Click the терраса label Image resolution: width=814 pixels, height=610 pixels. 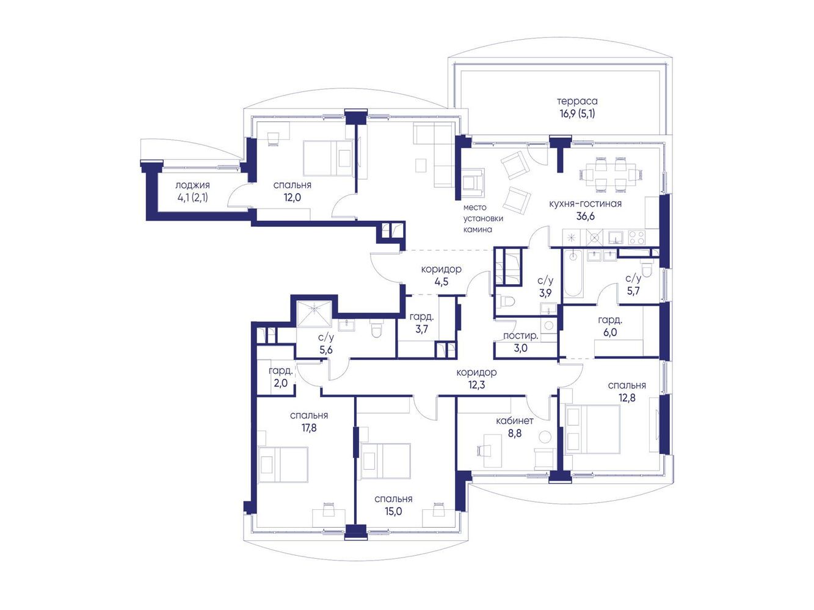click(x=577, y=101)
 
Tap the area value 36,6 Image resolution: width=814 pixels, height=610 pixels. click(x=585, y=216)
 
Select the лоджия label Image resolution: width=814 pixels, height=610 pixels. click(x=192, y=185)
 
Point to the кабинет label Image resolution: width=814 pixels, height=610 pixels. click(x=515, y=421)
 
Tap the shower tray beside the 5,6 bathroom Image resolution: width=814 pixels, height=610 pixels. click(x=314, y=314)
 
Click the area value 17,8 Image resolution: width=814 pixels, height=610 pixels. click(x=309, y=428)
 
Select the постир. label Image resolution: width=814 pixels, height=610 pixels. click(x=520, y=336)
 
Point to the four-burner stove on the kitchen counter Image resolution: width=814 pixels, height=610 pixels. click(x=637, y=237)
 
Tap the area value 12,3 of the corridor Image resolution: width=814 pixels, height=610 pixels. click(x=476, y=385)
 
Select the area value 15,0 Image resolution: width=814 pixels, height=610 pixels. click(x=393, y=511)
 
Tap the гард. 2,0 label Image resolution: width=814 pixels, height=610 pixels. click(x=281, y=376)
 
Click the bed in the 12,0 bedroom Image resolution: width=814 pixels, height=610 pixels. click(x=328, y=158)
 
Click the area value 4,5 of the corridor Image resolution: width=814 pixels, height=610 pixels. click(x=442, y=282)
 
